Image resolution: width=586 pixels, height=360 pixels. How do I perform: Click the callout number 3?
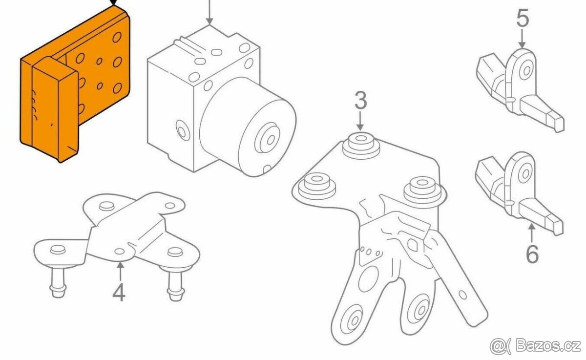tap(361, 100)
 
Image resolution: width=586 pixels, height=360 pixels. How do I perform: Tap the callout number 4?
tap(119, 292)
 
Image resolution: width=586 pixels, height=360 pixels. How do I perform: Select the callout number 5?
tap(523, 18)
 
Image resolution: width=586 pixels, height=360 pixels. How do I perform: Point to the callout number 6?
tap(532, 254)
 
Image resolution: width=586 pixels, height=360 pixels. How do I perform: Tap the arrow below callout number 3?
tap(360, 121)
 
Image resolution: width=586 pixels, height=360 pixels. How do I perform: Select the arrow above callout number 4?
tap(120, 272)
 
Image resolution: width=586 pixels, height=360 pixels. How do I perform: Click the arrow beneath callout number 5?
tap(522, 39)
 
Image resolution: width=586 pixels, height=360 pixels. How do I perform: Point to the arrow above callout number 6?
tap(531, 233)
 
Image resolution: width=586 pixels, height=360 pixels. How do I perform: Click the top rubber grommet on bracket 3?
tap(361, 146)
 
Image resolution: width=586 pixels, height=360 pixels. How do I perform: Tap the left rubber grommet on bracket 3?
tap(317, 186)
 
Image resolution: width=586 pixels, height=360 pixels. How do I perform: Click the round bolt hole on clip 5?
tap(526, 70)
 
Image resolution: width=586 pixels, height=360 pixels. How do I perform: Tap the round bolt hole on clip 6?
tap(525, 173)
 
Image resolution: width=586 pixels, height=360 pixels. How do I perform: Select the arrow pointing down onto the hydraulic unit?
tap(209, 12)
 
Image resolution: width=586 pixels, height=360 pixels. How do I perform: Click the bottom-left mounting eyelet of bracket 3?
tap(351, 320)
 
